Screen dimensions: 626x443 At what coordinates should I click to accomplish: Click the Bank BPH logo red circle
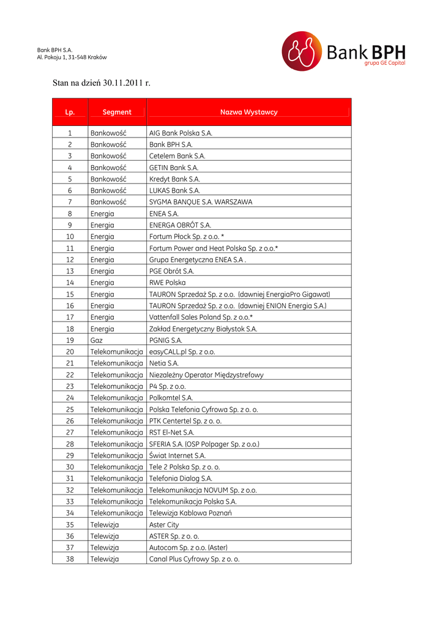[x=302, y=51]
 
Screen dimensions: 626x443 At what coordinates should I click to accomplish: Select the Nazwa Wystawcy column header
[x=248, y=112]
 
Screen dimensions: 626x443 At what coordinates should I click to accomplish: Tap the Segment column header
[x=117, y=112]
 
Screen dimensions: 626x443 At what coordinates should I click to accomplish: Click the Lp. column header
[x=70, y=112]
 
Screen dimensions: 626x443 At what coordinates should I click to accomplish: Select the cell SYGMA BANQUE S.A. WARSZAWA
[x=201, y=202]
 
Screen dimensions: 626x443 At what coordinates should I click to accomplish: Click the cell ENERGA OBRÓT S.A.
[x=180, y=225]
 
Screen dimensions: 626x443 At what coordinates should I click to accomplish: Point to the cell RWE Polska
[x=167, y=282]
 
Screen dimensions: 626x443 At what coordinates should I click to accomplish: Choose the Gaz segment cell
[x=97, y=340]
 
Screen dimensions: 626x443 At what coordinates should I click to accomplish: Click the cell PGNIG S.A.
[x=166, y=340]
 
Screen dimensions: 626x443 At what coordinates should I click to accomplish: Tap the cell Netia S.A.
[x=164, y=363]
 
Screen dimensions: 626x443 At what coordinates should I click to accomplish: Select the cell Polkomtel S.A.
[x=171, y=397]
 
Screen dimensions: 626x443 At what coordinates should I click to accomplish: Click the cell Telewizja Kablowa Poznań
[x=190, y=513]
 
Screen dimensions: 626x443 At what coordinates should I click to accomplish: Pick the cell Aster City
[x=164, y=525]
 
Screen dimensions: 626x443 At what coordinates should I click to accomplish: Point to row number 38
[x=70, y=559]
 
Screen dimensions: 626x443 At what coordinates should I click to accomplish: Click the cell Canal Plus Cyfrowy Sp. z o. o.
[x=194, y=559]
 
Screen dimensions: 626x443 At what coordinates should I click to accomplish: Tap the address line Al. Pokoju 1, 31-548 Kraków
[x=72, y=57]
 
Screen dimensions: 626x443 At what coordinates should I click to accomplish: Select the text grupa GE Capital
[x=384, y=63]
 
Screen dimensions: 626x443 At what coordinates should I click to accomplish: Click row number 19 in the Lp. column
[x=70, y=340]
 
